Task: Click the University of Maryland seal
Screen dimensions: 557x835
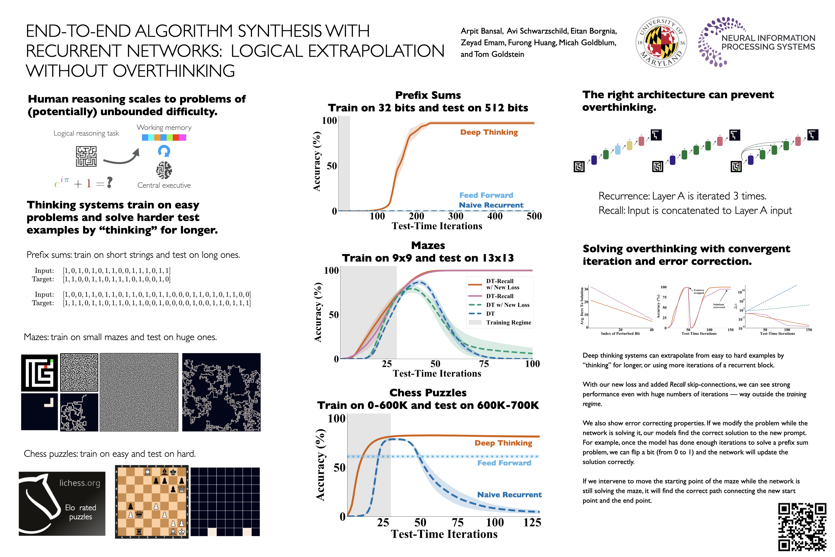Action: (x=661, y=42)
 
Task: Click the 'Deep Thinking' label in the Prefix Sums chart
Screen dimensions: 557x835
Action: (x=489, y=132)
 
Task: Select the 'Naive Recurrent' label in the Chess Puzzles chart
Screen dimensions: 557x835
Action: (x=509, y=494)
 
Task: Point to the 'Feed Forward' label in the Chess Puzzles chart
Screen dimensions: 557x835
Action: (x=504, y=463)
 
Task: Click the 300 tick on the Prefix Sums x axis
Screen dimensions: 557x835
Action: (x=456, y=216)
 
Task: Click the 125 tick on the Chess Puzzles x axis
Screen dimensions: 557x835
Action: (x=532, y=522)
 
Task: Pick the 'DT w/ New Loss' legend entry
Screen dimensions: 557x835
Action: (x=508, y=305)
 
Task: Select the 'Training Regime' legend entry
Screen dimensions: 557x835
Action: (x=508, y=323)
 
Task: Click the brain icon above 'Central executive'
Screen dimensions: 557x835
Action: (x=164, y=170)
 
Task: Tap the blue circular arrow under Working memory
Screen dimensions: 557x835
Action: (x=164, y=151)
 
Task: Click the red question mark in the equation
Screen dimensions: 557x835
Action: (x=110, y=182)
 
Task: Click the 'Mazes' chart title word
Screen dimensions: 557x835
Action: (x=428, y=246)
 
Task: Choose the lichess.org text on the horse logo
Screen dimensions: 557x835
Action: (x=80, y=483)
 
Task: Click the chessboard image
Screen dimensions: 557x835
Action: (x=152, y=502)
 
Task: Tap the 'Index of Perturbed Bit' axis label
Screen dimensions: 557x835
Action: (x=620, y=334)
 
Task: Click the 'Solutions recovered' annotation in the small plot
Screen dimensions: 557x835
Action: (x=719, y=306)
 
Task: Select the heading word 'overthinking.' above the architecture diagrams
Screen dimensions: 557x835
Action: (x=619, y=107)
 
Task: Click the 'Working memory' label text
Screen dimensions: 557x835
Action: (x=164, y=128)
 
